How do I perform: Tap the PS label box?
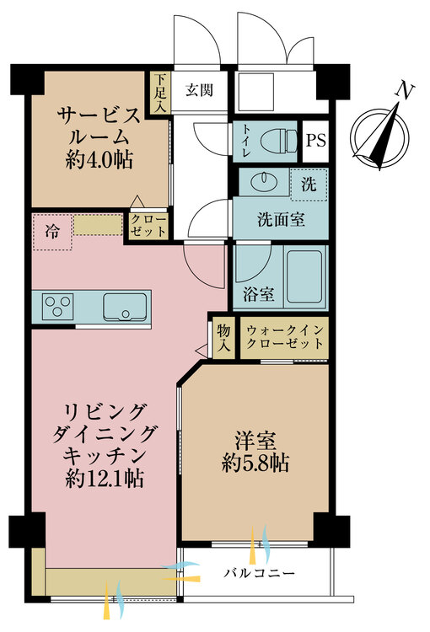(x=314, y=141)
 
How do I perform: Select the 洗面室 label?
(x=281, y=219)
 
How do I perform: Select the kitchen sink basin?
(x=126, y=306)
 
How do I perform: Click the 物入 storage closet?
(x=223, y=337)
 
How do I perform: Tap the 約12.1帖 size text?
(x=105, y=479)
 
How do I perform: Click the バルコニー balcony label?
(x=259, y=574)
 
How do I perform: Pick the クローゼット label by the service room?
(x=148, y=224)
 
